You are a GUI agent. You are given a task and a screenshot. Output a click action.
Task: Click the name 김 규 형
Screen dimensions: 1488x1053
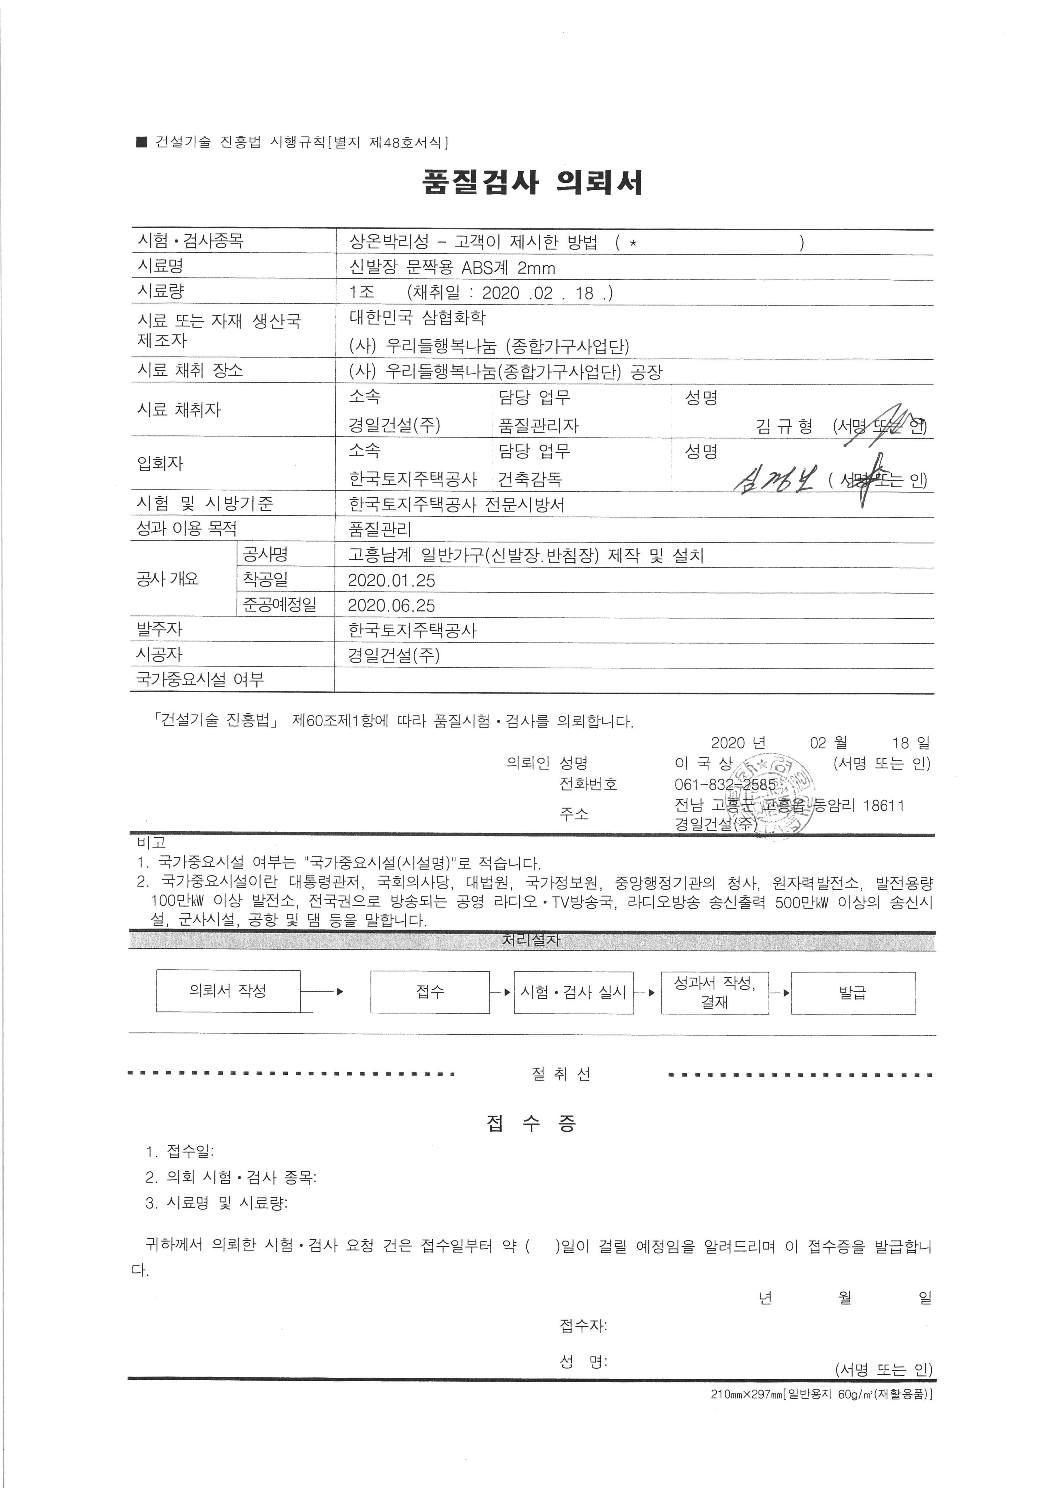click(784, 426)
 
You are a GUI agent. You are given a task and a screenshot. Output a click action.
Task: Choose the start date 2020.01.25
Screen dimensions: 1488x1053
click(391, 580)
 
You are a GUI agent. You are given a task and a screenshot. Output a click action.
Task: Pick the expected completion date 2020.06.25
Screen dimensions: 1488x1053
click(391, 605)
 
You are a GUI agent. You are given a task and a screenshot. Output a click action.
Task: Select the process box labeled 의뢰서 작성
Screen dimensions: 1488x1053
click(228, 991)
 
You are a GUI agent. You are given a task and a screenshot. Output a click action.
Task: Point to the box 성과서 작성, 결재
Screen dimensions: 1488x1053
click(714, 992)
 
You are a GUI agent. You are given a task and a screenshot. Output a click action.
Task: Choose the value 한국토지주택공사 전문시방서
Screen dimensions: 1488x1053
click(457, 504)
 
